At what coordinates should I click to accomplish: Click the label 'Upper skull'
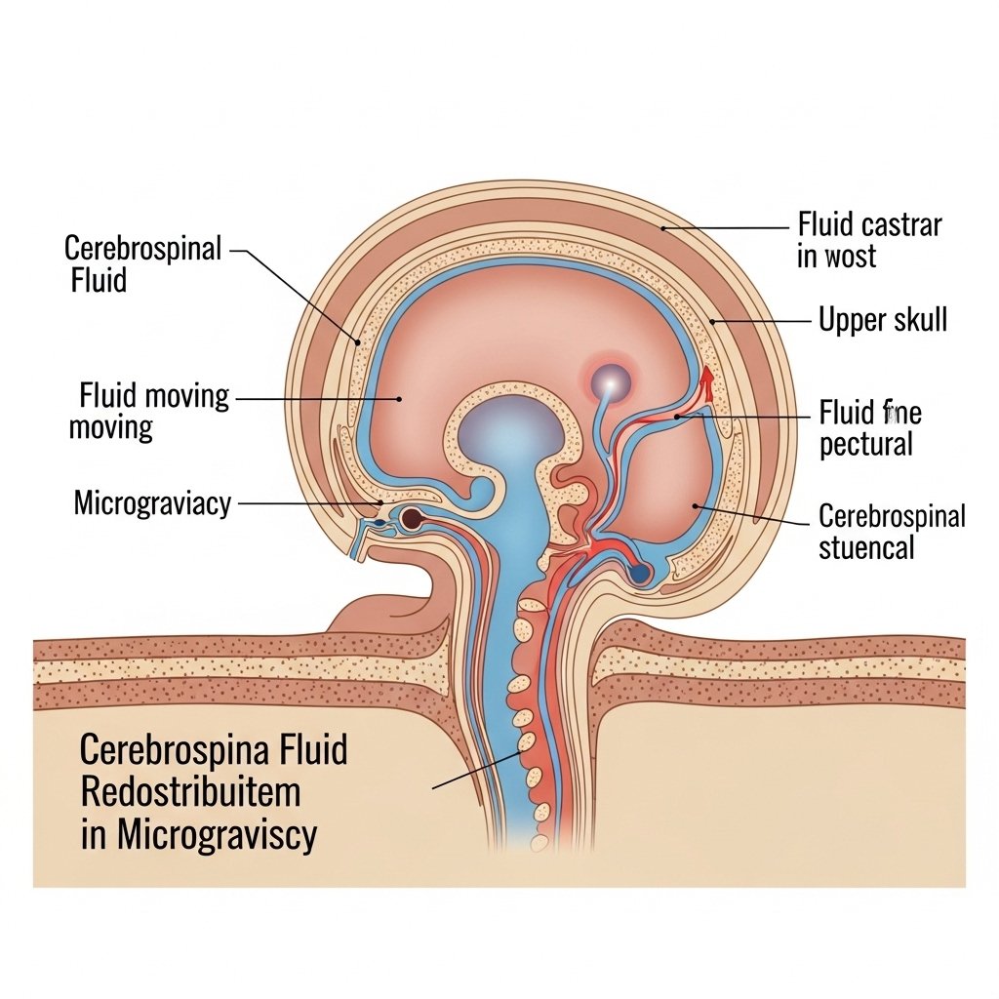(882, 319)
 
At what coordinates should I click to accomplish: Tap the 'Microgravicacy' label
(152, 503)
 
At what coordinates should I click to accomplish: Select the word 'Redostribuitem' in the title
(190, 793)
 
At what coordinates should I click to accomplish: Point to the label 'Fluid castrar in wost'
(869, 240)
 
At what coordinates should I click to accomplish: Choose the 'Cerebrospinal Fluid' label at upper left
(145, 263)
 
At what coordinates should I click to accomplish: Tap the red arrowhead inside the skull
(706, 376)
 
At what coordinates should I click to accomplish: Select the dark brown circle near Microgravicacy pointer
(412, 518)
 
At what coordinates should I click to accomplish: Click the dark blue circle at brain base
(641, 574)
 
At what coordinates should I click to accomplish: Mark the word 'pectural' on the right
(865, 445)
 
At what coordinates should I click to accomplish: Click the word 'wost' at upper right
(851, 257)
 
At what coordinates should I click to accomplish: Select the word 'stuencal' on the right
(866, 547)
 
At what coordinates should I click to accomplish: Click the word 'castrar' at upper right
(903, 224)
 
